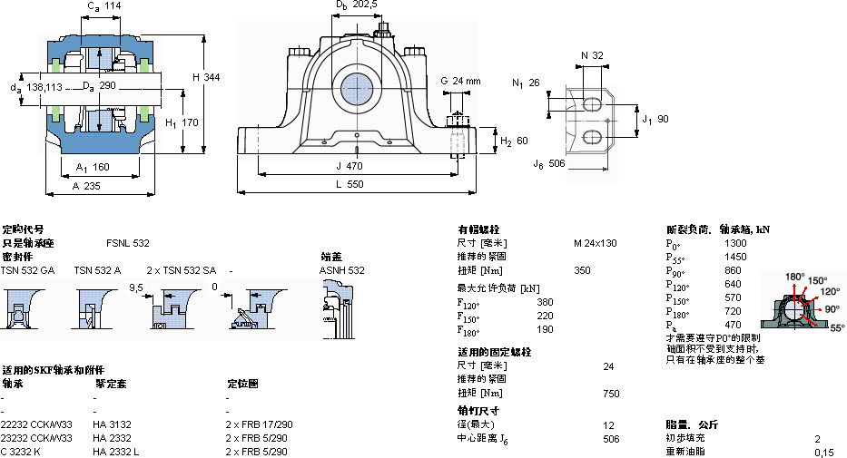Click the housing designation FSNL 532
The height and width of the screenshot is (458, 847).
point(128,243)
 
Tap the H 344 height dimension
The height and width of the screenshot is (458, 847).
point(206,77)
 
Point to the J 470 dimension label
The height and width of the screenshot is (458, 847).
point(350,166)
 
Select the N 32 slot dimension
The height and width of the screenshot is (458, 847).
point(592,55)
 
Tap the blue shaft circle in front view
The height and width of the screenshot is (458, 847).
point(358,89)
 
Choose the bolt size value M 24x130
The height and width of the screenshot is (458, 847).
point(595,243)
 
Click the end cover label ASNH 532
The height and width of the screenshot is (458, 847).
point(341,270)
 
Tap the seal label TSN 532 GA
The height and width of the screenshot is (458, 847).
point(27,270)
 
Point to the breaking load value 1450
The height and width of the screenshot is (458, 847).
point(735,257)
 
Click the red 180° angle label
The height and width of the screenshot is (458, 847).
point(795,277)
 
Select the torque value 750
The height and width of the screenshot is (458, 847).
point(610,393)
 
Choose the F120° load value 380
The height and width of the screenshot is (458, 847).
point(545,302)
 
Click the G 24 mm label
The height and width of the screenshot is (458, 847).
point(460,81)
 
